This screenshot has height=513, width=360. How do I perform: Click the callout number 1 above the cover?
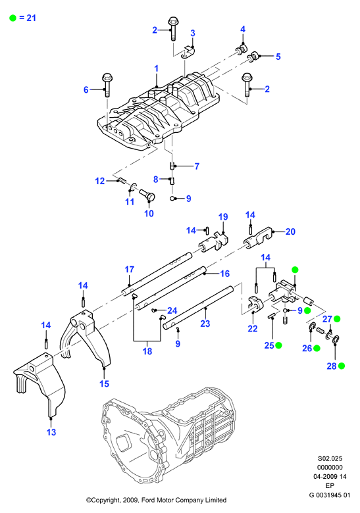click(157, 68)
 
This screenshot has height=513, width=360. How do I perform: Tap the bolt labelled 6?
click(107, 85)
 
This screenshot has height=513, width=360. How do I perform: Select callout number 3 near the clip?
click(193, 33)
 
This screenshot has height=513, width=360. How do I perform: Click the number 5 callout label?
click(278, 57)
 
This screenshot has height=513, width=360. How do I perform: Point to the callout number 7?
click(197, 166)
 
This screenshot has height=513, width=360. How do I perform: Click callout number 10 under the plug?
click(149, 213)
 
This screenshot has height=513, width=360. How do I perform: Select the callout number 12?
click(100, 181)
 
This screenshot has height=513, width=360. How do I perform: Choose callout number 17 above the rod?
click(130, 269)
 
